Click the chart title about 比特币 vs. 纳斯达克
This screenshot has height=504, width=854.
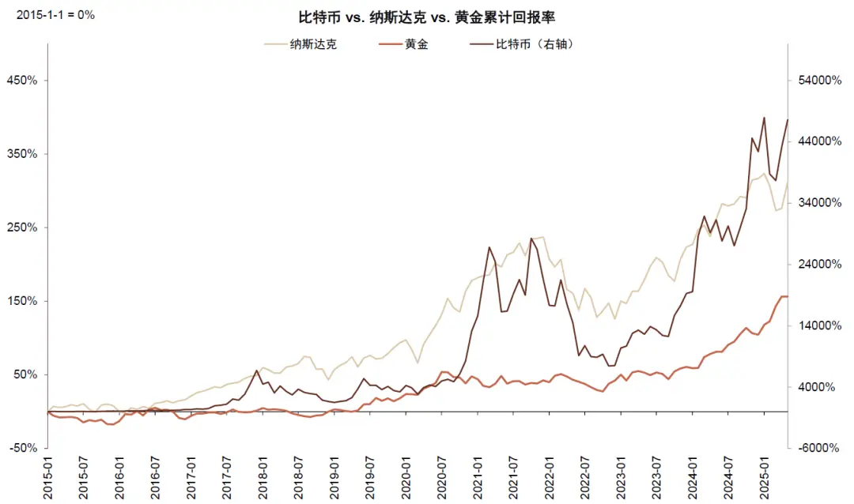pos(426,17)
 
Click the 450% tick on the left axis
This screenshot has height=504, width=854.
pos(22,81)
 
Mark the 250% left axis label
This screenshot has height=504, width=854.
pos(22,228)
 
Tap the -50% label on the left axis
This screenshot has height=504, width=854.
pos(22,448)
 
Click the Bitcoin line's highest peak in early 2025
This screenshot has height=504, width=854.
pos(764,118)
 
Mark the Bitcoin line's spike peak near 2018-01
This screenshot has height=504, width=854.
pos(257,370)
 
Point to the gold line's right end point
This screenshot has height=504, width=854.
pos(788,296)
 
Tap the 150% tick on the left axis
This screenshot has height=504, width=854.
pos(22,301)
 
